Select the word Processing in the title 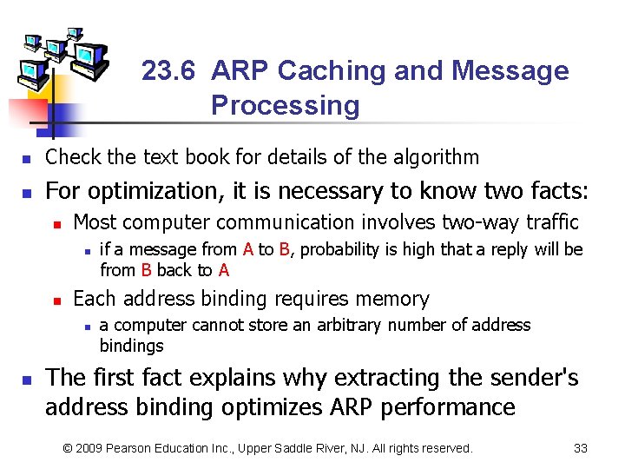285,106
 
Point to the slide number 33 581,449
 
